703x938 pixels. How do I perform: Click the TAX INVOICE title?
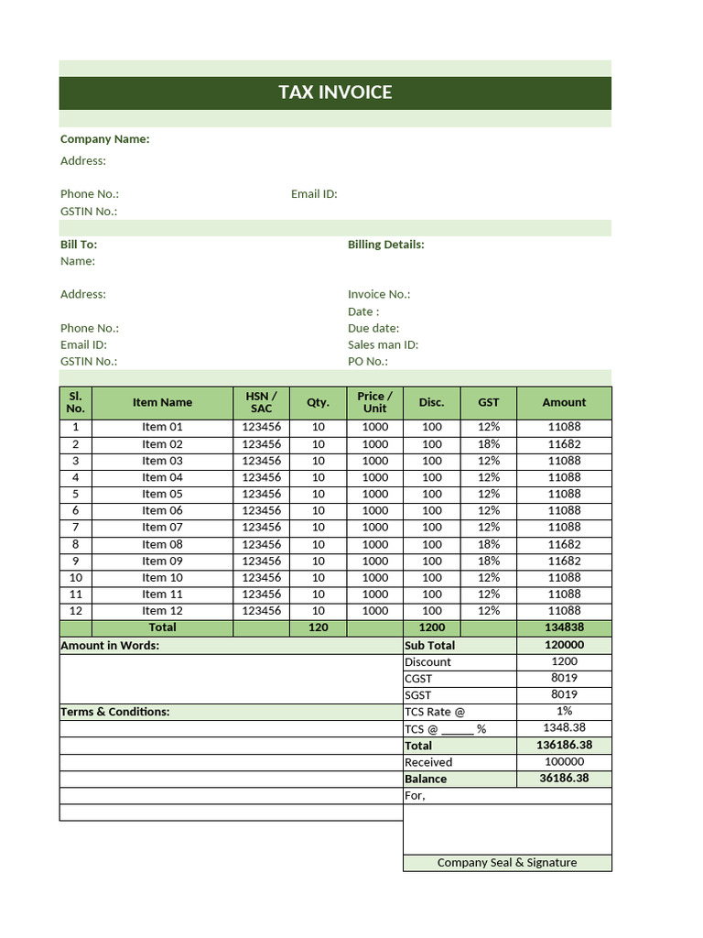tap(335, 93)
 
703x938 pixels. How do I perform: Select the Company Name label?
tap(104, 139)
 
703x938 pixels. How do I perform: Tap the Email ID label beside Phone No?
tap(314, 194)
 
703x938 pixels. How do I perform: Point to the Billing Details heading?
tap(385, 245)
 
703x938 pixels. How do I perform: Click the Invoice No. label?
tap(379, 295)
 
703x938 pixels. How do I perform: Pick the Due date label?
tap(373, 328)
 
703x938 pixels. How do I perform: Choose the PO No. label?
tap(367, 361)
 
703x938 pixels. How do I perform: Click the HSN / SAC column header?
tap(261, 402)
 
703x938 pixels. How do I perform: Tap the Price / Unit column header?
tap(374, 402)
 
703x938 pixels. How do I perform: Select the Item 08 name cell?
tap(162, 544)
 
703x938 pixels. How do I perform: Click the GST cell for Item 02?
tap(489, 444)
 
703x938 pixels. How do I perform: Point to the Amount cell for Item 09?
tap(564, 561)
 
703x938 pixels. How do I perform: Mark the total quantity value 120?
tap(318, 627)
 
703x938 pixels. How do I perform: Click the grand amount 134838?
tap(564, 627)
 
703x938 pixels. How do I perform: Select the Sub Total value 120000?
tap(564, 645)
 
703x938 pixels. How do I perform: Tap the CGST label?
tap(418, 679)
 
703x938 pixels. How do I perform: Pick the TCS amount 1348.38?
tap(564, 728)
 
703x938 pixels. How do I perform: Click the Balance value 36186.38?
tap(564, 779)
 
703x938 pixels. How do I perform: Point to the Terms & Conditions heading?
tap(114, 712)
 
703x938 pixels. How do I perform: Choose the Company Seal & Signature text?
tap(507, 863)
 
